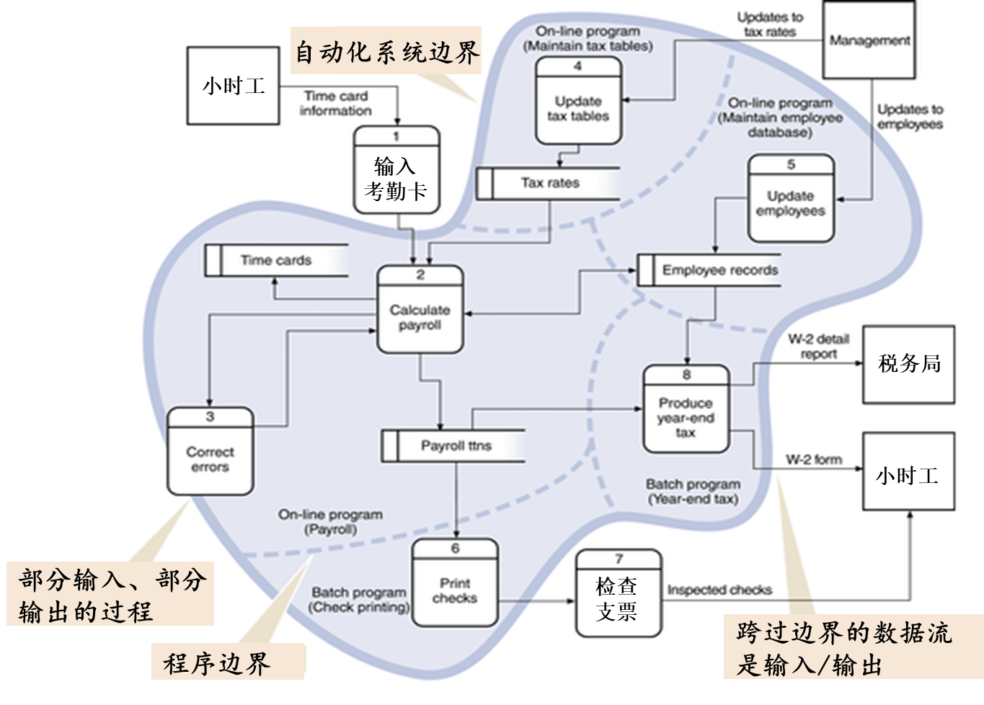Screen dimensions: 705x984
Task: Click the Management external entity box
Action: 869,40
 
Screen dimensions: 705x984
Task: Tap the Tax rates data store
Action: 549,183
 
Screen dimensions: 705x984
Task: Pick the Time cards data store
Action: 276,260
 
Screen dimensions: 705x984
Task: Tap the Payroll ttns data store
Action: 453,445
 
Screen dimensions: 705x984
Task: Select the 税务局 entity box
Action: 908,364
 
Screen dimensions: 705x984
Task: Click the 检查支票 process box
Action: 618,594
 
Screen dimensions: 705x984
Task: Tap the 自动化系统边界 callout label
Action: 386,52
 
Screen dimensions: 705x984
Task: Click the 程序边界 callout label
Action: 217,662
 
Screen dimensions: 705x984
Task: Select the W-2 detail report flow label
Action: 817,347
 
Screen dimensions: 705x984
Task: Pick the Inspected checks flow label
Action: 719,590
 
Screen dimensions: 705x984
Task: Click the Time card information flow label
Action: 335,103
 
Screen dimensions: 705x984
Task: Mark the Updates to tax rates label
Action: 769,25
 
